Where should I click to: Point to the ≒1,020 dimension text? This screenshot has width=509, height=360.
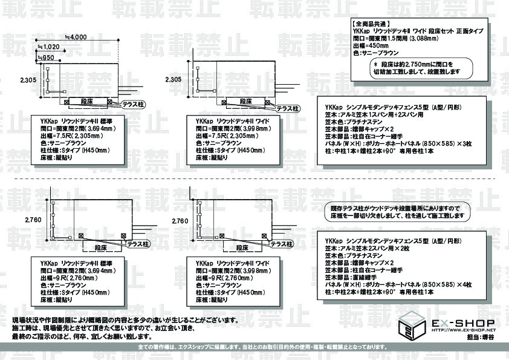(x=50, y=47)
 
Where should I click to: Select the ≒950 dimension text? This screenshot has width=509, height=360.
(x=47, y=57)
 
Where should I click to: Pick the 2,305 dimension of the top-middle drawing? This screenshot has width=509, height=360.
(x=173, y=79)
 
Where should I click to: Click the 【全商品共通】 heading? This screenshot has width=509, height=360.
(x=371, y=22)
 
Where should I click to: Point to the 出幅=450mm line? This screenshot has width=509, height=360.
(x=371, y=45)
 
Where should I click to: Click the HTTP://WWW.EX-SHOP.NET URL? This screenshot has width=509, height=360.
(x=464, y=330)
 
